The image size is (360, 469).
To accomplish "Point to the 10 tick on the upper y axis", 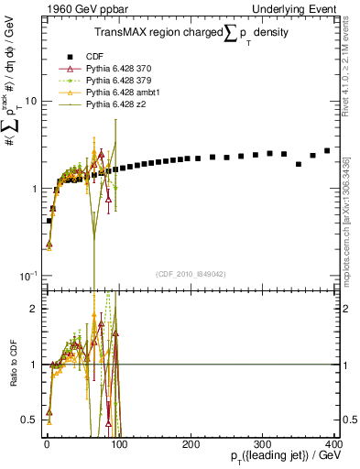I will pyautogui.click(x=29, y=102).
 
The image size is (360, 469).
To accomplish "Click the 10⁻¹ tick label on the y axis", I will pyautogui.click(x=27, y=276).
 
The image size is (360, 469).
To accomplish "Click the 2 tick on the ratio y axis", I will pyautogui.click(x=33, y=309).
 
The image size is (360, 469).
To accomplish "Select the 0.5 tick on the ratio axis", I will pyautogui.click(x=29, y=420).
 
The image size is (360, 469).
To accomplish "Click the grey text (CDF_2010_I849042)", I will pyautogui.click(x=191, y=274).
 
